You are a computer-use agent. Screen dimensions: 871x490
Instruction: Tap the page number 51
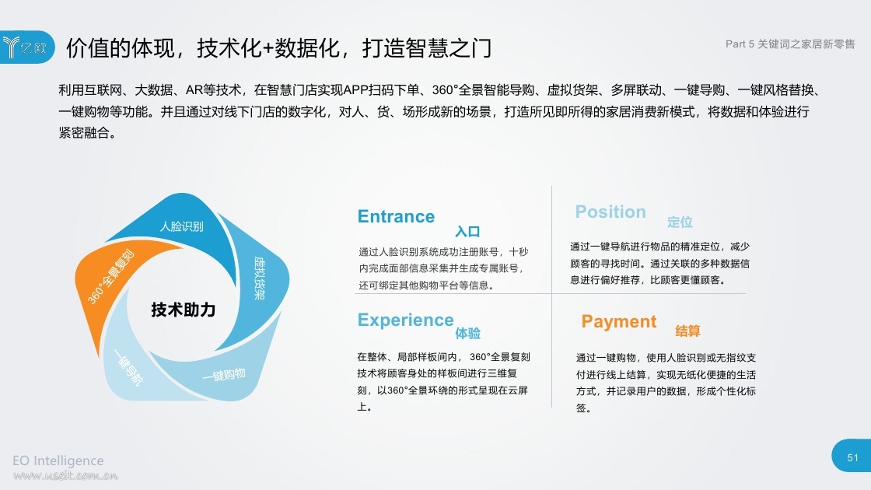pos(852,458)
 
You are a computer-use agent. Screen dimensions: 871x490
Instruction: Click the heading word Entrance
pos(396,216)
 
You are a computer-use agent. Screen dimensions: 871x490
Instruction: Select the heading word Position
pos(610,212)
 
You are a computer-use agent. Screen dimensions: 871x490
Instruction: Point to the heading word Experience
pos(405,320)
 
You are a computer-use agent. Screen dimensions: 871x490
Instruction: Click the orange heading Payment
pos(619,322)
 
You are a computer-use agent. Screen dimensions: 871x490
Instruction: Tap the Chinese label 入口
pos(467,232)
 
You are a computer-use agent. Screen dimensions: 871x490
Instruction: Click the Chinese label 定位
pos(680,222)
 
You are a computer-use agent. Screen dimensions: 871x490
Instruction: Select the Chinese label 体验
pos(467,334)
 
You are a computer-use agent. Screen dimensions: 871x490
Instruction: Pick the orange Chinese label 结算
pos(687,331)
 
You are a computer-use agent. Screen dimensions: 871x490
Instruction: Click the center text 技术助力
pos(184,310)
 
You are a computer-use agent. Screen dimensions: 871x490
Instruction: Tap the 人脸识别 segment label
pos(182,226)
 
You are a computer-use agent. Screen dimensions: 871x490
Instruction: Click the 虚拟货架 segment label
pos(260,278)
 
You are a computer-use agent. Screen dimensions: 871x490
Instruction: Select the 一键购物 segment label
pos(223,375)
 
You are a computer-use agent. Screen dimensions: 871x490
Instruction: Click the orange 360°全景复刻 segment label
pos(110,277)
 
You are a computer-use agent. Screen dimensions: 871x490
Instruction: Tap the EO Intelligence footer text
pos(58,460)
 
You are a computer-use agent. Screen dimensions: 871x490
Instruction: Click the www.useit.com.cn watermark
pos(65,475)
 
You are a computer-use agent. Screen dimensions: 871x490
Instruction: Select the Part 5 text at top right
pos(740,44)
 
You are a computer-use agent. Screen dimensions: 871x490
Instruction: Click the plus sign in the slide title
pos(268,48)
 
